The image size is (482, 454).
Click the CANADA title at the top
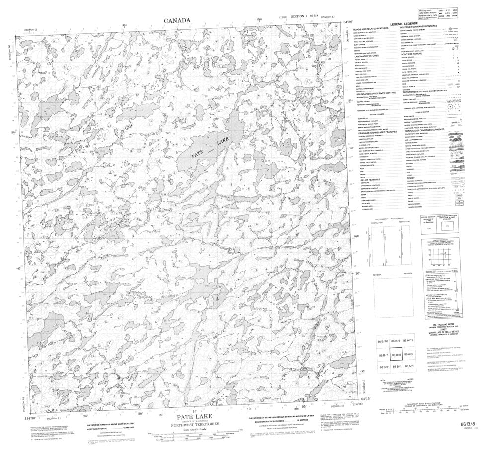tap(177, 20)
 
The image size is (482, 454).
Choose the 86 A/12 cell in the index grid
tap(408, 339)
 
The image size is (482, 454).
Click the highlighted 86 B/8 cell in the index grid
tap(396, 355)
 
